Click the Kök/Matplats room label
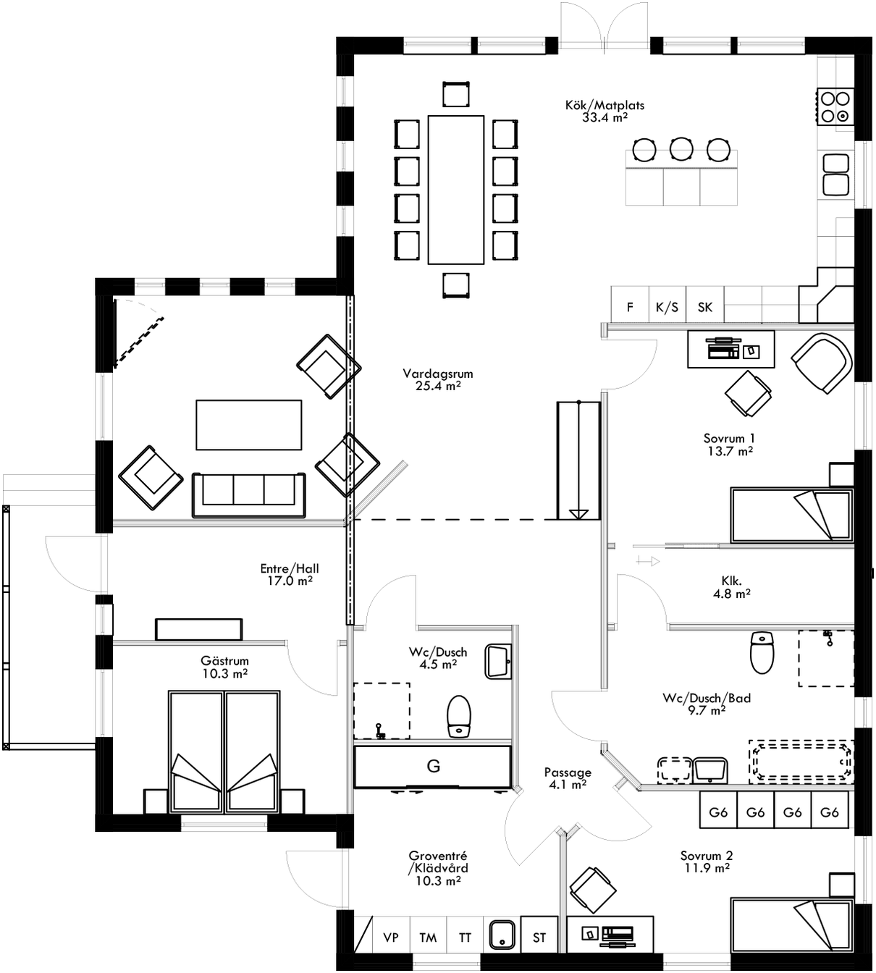[605, 111]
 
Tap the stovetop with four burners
[835, 106]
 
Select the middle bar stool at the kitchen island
[681, 149]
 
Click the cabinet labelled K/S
[667, 307]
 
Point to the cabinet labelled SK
[704, 307]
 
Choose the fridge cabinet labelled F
[630, 307]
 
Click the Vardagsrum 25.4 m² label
[438, 380]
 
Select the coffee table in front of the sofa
[248, 425]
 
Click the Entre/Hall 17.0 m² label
[290, 574]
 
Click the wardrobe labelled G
[433, 766]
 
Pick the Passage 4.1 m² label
[568, 778]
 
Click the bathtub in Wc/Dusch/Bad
[801, 761]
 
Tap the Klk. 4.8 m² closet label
[730, 587]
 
